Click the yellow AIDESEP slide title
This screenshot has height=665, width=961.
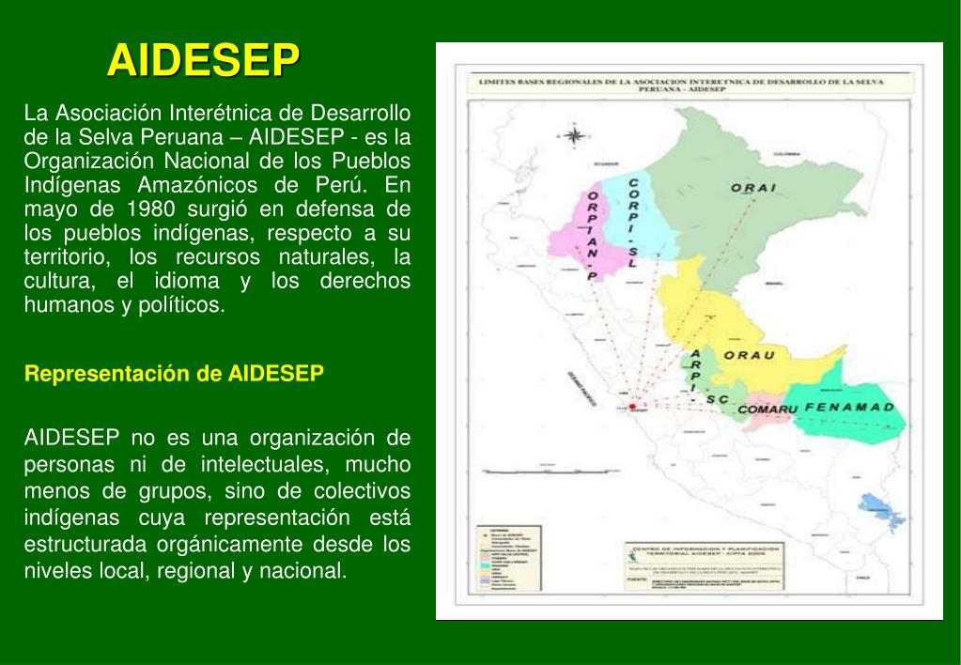coord(203,59)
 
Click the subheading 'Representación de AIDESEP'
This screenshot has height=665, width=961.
coord(174,374)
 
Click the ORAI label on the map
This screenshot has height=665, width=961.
coord(753,188)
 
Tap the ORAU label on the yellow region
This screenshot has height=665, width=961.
coord(749,355)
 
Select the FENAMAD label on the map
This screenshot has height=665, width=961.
coord(849,408)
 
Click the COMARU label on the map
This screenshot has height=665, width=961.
coord(767,410)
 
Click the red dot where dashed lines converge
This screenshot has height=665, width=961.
coord(632,407)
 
